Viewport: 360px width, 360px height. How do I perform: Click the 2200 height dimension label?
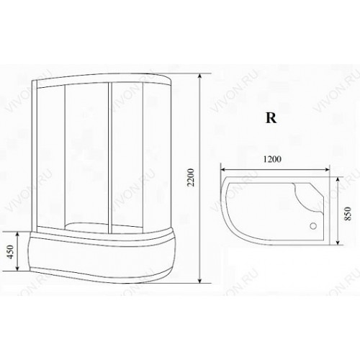[191, 178]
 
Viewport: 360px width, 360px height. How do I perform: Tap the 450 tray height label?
[10, 252]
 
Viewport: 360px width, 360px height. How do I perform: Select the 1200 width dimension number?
[272, 159]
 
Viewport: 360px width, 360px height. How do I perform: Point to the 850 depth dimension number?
[348, 214]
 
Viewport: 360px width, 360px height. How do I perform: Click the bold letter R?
[271, 118]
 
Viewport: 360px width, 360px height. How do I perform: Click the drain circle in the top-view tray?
[313, 226]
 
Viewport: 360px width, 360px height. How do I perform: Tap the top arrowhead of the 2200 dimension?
[199, 76]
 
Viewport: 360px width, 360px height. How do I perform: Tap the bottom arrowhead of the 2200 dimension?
[199, 280]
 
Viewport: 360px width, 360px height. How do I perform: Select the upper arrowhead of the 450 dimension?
[17, 235]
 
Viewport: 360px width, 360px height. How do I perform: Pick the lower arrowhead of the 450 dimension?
[17, 267]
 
